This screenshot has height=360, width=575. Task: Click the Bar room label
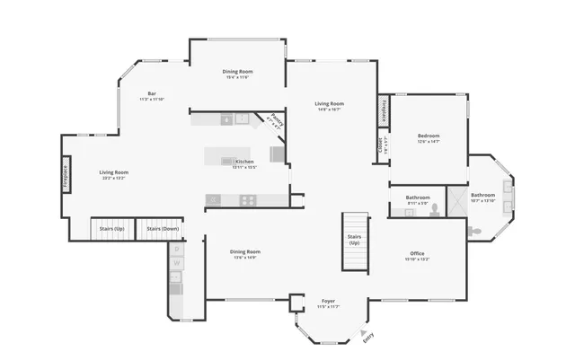[x=152, y=94]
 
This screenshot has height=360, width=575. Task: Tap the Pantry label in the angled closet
[x=276, y=123]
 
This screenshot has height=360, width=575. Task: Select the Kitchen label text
[x=244, y=162]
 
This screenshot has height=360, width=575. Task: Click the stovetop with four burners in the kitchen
[x=247, y=199]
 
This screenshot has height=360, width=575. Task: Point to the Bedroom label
[x=428, y=136]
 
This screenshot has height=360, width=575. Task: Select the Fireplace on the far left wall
[x=66, y=172]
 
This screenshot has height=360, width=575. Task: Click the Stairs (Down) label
[x=163, y=229]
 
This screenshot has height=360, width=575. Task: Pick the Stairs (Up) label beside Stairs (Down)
[x=112, y=229]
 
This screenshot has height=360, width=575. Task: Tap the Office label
[x=417, y=253]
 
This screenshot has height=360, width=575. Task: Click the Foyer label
[x=329, y=301]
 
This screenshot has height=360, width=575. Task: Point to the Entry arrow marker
[x=364, y=332]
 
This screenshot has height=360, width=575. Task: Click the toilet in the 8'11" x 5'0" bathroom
[x=435, y=210]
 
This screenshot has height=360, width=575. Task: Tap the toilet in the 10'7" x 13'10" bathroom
[x=477, y=230]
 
